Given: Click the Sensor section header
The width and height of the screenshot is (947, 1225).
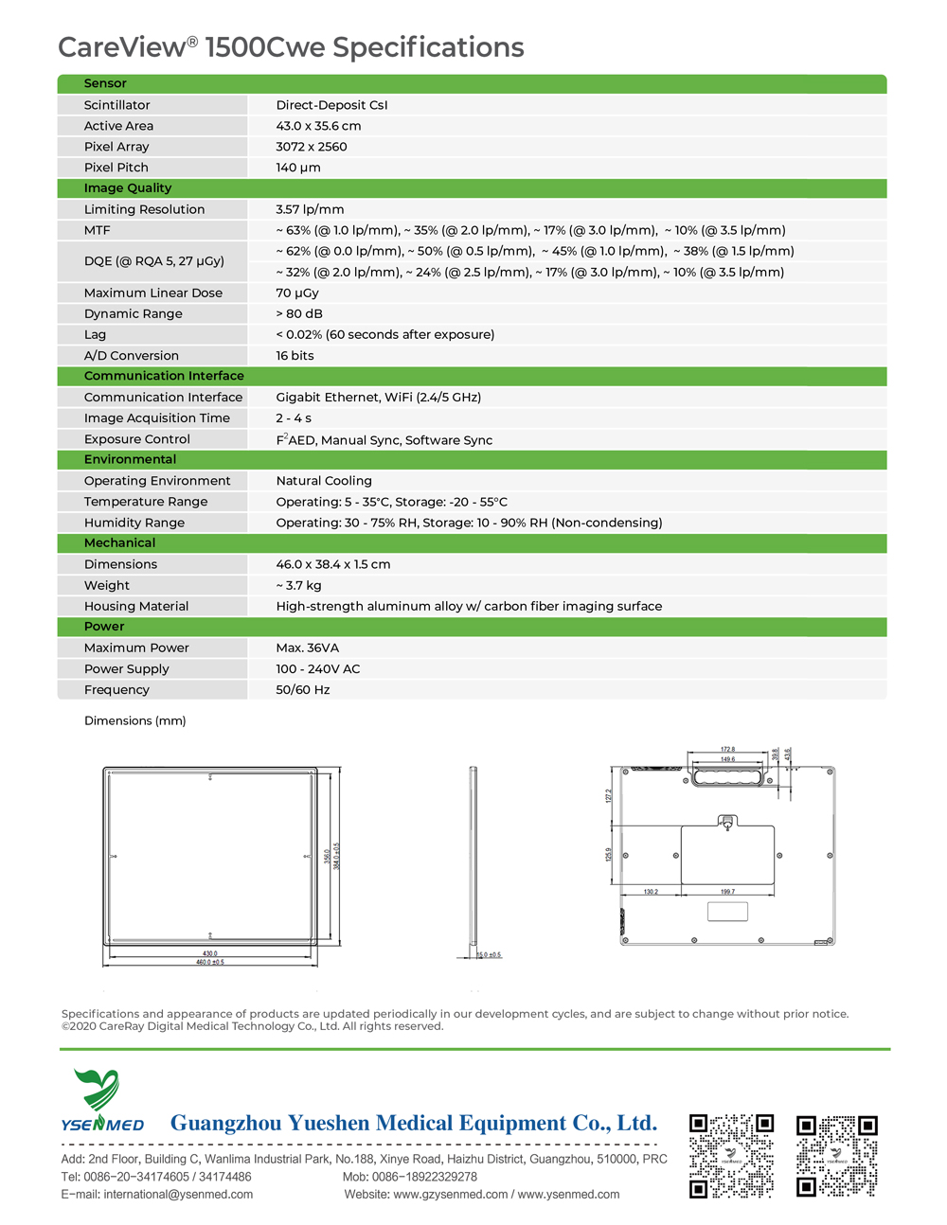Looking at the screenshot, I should [x=105, y=83].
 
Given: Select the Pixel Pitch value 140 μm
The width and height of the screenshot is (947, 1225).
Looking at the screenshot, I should [x=298, y=168].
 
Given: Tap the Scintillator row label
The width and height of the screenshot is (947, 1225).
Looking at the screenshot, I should [x=116, y=105].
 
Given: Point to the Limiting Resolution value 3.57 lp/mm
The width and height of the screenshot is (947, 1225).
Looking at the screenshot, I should [x=310, y=209].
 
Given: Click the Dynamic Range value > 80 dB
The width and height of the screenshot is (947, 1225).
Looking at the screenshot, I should [x=299, y=313].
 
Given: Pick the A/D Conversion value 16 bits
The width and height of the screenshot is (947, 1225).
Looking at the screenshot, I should [x=295, y=356].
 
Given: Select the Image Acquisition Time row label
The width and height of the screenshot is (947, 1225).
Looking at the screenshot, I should [x=156, y=418].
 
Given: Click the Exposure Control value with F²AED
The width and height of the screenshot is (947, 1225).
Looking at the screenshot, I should [x=384, y=439].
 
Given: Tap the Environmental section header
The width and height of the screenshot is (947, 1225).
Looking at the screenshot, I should [x=130, y=459].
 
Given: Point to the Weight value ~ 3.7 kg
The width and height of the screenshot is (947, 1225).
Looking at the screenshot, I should [x=298, y=585].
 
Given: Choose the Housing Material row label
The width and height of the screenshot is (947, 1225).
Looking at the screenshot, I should [x=135, y=606].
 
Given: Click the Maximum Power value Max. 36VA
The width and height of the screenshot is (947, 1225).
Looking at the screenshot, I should [x=307, y=648].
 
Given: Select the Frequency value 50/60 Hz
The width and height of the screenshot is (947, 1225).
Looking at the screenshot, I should [x=303, y=690].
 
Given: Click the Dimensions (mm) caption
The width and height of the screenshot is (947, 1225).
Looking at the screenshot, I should [x=134, y=720].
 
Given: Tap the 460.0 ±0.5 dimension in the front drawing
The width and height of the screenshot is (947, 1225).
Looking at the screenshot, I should [x=210, y=962].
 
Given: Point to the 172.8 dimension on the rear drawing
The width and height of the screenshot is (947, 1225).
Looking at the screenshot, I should [x=727, y=750].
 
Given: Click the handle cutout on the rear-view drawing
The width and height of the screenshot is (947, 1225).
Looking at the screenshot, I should [x=727, y=777].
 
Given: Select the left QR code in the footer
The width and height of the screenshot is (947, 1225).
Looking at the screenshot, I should [x=731, y=1156].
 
